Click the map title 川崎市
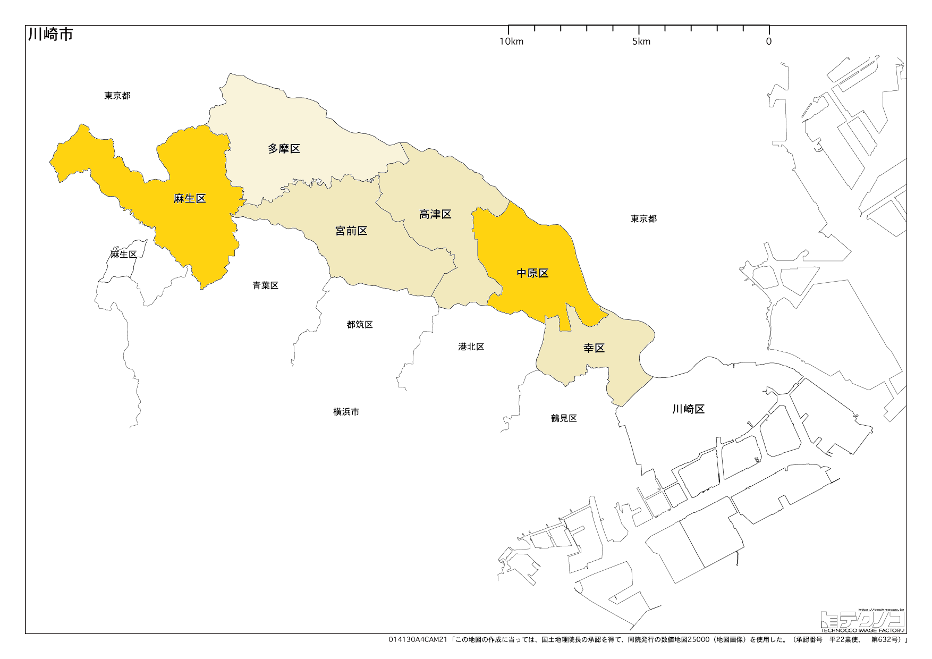[x=50, y=35]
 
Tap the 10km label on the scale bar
[x=511, y=41]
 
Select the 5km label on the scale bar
[x=641, y=41]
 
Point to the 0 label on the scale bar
[x=769, y=41]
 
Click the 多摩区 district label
[x=284, y=149]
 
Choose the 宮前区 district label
[x=351, y=231]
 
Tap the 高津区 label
[x=435, y=214]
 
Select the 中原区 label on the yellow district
[x=532, y=273]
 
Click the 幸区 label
[x=594, y=348]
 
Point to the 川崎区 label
[x=689, y=409]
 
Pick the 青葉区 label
[x=266, y=285]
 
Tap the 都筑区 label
[x=360, y=325]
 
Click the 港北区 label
[x=471, y=347]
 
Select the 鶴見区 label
[x=564, y=418]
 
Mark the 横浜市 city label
[x=346, y=412]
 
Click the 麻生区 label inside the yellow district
[x=190, y=199]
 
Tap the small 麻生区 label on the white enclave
[x=124, y=255]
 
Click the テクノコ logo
[x=862, y=620]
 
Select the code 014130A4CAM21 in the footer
[x=418, y=640]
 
